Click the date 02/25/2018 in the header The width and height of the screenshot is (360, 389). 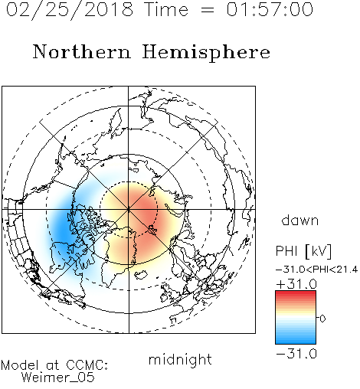tap(70, 10)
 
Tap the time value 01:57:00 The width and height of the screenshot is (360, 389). tap(270, 9)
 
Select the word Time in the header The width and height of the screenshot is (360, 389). tap(166, 9)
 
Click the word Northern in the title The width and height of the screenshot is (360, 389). tap(82, 51)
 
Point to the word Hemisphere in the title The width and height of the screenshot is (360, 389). tap(206, 53)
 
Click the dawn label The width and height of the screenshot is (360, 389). tap(300, 220)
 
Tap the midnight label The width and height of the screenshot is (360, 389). tap(180, 359)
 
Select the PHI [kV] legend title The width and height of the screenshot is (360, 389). tap(303, 251)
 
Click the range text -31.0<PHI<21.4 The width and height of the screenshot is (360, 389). tap(316, 270)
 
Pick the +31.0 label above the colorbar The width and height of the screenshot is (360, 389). tap(296, 284)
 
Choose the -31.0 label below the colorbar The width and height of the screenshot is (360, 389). tap(296, 354)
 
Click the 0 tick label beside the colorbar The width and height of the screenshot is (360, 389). tap(322, 319)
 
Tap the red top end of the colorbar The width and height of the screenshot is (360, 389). tap(296, 293)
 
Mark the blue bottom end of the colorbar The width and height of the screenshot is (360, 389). tap(296, 342)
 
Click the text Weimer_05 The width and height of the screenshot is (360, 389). tap(58, 377)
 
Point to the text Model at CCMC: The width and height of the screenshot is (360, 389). tap(54, 365)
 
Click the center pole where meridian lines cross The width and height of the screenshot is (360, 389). tap(129, 209)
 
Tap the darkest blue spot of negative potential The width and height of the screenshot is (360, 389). tap(63, 230)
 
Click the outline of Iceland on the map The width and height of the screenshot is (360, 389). tap(140, 275)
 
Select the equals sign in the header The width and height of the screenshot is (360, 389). tap(208, 10)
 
